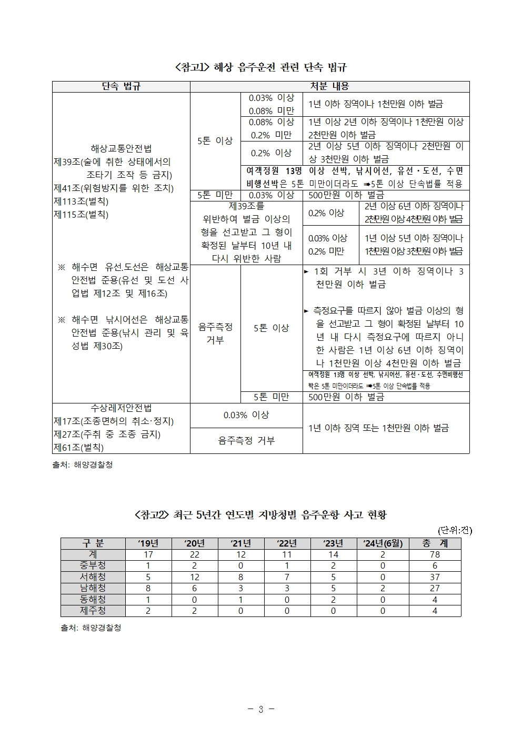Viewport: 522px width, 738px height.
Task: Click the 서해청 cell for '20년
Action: click(194, 577)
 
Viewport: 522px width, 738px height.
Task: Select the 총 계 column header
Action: click(435, 543)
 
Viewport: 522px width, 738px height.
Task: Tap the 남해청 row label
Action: click(93, 588)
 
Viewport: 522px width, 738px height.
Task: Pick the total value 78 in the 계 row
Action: click(435, 554)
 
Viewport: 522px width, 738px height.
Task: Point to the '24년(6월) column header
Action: click(383, 543)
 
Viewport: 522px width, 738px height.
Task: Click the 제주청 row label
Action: click(93, 611)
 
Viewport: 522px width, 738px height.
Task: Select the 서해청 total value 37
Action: click(435, 577)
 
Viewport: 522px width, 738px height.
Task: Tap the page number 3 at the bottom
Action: click(260, 709)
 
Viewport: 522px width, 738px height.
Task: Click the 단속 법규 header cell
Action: click(121, 86)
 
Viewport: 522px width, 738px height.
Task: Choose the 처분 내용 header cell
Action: click(329, 86)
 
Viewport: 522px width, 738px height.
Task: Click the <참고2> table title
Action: click(260, 514)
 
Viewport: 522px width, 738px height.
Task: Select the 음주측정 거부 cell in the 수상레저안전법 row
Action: click(246, 441)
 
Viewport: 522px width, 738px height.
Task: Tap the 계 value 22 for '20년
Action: click(194, 554)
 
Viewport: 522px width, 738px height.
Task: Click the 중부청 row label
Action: click(93, 565)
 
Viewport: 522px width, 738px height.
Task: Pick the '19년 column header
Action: click(148, 543)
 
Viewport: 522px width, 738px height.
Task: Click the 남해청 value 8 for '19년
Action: click(148, 588)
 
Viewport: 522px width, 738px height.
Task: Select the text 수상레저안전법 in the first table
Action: click(121, 408)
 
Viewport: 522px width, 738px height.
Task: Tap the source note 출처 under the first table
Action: click(83, 465)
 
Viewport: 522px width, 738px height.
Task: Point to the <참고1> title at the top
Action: click(260, 67)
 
